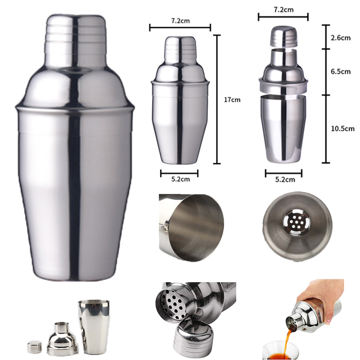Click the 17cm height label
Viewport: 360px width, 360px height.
click(x=232, y=99)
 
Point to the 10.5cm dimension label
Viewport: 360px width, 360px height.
click(x=342, y=128)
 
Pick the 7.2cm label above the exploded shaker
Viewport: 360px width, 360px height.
click(x=283, y=9)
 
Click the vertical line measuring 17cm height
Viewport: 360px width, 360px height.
click(x=218, y=99)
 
